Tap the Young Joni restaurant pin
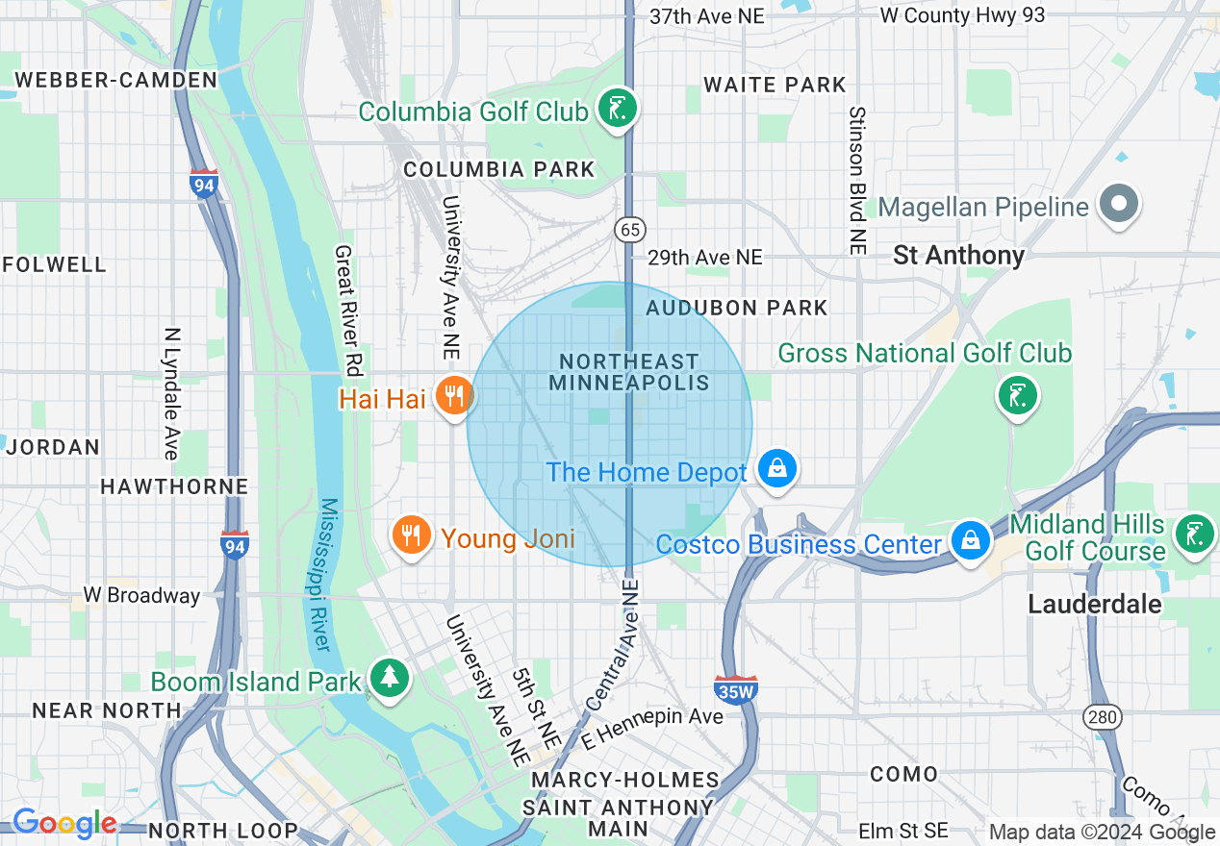[411, 534]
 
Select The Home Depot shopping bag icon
[775, 468]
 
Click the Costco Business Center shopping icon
[971, 539]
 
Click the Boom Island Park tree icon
[389, 678]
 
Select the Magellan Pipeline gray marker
[1118, 203]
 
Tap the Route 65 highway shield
[630, 231]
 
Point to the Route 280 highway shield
[1100, 716]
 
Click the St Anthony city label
[958, 255]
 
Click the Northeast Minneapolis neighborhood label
[629, 372]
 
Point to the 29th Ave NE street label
[704, 258]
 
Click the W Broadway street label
[141, 595]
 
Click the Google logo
[64, 823]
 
